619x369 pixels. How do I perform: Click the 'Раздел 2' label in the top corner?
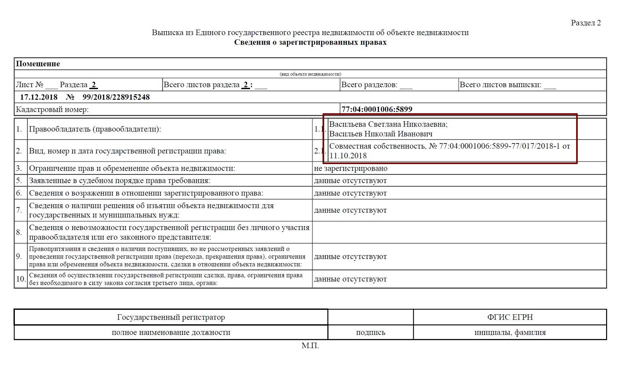585,23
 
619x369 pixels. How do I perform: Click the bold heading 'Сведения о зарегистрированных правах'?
310,42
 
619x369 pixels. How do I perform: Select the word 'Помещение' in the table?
38,64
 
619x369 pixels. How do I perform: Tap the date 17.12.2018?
39,97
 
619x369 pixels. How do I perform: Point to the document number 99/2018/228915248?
116,97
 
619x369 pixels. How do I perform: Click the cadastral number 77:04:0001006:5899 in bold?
377,109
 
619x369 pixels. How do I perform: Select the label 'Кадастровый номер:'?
52,110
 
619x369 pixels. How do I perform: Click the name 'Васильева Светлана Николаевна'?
388,124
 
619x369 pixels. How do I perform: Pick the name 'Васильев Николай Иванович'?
381,134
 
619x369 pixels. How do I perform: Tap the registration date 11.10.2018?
348,156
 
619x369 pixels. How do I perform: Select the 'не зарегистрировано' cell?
351,169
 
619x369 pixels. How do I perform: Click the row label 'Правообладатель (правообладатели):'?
95,129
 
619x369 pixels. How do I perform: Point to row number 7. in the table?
19,210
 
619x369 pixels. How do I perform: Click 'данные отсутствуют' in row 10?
350,279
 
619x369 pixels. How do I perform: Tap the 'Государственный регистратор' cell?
171,318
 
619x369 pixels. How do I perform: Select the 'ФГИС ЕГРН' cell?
510,318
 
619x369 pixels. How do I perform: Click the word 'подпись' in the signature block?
371,333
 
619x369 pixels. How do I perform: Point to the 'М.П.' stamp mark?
310,346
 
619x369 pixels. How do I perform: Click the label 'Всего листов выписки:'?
500,85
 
